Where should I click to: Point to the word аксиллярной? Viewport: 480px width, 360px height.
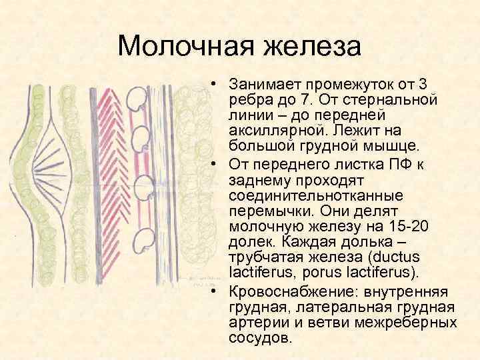coord(271,128)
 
